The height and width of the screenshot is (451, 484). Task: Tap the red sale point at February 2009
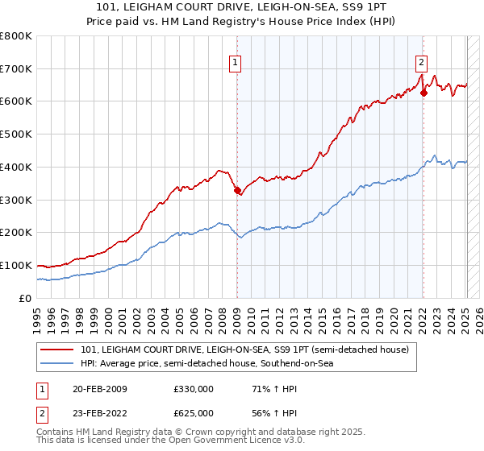pyautogui.click(x=237, y=191)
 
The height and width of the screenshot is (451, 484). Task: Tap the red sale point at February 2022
pyautogui.click(x=423, y=92)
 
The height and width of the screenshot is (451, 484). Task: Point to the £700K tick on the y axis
pyautogui.click(x=16, y=68)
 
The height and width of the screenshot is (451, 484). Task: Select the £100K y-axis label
pyautogui.click(x=16, y=265)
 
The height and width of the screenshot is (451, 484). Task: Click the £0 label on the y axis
pyautogui.click(x=24, y=298)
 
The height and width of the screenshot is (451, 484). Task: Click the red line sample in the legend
pyautogui.click(x=58, y=350)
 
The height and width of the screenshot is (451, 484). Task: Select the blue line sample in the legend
pyautogui.click(x=58, y=364)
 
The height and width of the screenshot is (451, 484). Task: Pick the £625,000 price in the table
pyautogui.click(x=193, y=412)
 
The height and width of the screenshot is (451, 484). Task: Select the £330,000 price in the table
pyautogui.click(x=193, y=389)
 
